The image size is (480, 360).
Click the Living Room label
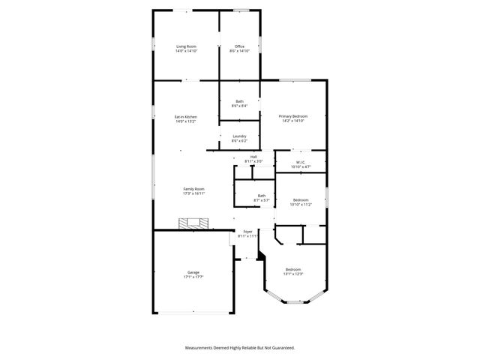(x=186, y=46)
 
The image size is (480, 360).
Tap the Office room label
(x=239, y=46)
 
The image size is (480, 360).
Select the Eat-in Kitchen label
(x=185, y=116)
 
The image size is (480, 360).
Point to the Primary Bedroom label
(x=293, y=116)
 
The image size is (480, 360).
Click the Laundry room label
(x=239, y=136)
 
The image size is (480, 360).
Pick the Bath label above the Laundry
(x=239, y=101)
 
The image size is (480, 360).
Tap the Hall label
(x=253, y=157)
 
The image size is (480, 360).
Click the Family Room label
(x=193, y=189)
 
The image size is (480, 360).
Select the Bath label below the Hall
(x=261, y=196)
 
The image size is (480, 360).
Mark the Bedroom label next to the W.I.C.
(x=301, y=199)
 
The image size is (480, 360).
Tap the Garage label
(x=193, y=272)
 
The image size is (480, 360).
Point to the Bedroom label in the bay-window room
(x=292, y=269)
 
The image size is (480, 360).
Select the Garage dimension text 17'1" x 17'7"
(x=193, y=277)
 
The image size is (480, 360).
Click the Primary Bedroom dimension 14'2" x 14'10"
(x=293, y=121)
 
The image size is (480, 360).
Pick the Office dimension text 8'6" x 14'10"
(x=239, y=51)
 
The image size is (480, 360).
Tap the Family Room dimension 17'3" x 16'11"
(x=193, y=193)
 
